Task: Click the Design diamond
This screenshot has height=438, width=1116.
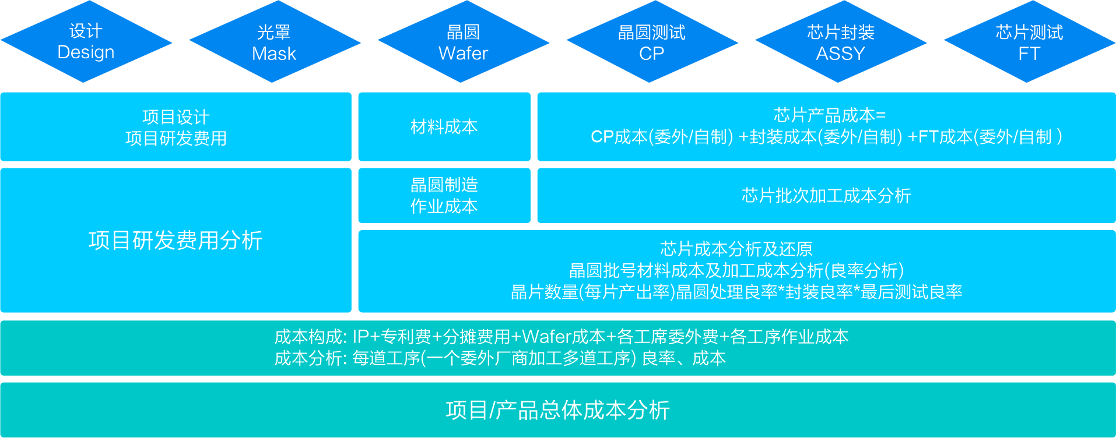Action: pyautogui.click(x=86, y=41)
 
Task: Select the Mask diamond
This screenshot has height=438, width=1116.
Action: pyautogui.click(x=275, y=41)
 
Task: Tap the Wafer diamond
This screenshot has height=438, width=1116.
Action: pyautogui.click(x=464, y=41)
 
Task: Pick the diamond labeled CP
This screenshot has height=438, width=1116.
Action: pyautogui.click(x=652, y=41)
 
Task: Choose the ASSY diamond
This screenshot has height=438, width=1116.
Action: pyautogui.click(x=841, y=41)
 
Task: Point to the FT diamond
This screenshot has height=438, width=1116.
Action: pyautogui.click(x=1030, y=41)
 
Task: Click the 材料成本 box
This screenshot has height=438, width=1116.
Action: pyautogui.click(x=444, y=126)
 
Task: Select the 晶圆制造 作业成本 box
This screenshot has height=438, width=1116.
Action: pyautogui.click(x=444, y=196)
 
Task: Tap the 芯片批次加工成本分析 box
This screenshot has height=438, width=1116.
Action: pyautogui.click(x=826, y=196)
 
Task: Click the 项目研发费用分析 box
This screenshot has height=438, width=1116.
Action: pyautogui.click(x=176, y=240)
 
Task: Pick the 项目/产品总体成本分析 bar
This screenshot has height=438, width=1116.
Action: pyautogui.click(x=558, y=410)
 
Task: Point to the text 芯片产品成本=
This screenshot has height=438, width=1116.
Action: pyautogui.click(x=830, y=115)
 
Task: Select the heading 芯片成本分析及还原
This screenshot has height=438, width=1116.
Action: pyautogui.click(x=736, y=249)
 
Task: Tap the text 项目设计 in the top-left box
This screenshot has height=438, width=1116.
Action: pyautogui.click(x=176, y=117)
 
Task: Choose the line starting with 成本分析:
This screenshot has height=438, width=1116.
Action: pyautogui.click(x=500, y=358)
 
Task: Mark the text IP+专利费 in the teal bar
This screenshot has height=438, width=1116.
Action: pyautogui.click(x=392, y=337)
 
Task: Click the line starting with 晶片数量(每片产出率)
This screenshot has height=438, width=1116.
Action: pyautogui.click(x=736, y=292)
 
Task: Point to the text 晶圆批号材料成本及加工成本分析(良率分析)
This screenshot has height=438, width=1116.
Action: pyautogui.click(x=736, y=271)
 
